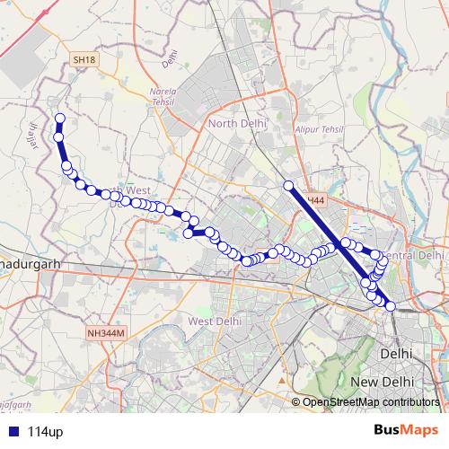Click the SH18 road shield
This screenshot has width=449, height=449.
84,59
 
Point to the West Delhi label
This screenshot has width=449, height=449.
215,321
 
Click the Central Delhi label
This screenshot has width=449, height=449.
414,255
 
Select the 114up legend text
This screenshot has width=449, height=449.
45,432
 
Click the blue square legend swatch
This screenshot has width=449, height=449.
11,432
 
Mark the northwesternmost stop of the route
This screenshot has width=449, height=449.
60,119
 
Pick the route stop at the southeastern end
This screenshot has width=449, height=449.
391,307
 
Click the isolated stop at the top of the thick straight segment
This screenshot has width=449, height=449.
289,186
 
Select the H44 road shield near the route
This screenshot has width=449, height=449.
314,200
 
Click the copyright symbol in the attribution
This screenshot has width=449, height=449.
295,402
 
